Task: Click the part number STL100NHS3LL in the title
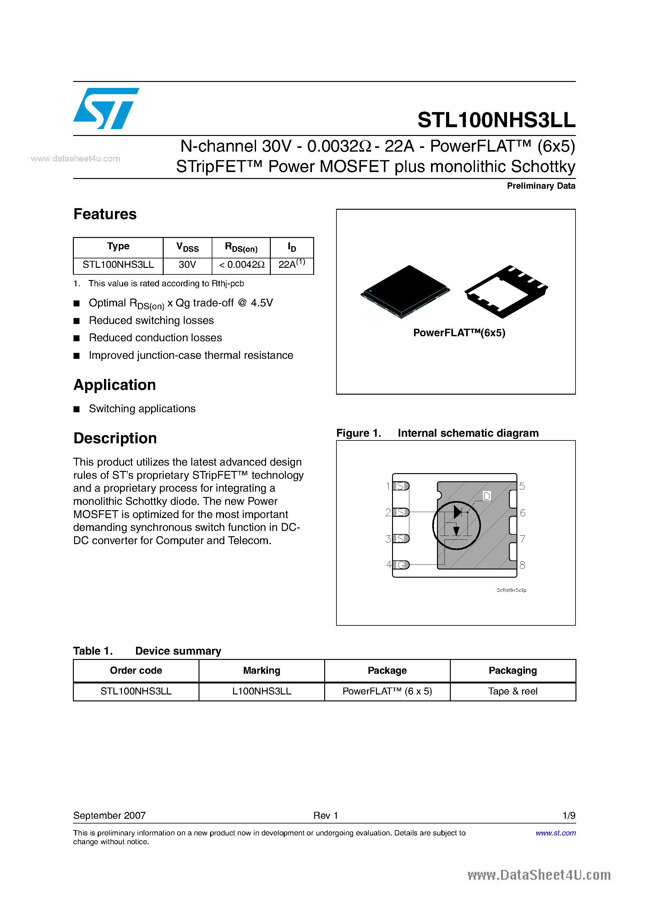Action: tap(496, 120)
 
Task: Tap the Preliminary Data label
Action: tap(541, 186)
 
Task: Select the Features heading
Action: tap(105, 214)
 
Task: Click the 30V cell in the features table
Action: tap(187, 265)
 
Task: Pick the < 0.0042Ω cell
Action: tap(241, 265)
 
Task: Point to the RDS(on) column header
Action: tap(241, 247)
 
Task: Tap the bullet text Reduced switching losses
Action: tap(151, 320)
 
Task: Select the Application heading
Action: tap(114, 385)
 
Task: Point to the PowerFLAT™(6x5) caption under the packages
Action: tap(459, 333)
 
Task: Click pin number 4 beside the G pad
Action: tap(389, 564)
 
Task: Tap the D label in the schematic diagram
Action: tap(487, 496)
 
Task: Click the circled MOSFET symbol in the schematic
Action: tap(456, 525)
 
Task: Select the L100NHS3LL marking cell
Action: tap(262, 691)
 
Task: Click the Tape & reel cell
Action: tap(513, 691)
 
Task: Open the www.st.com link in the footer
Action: tap(555, 833)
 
